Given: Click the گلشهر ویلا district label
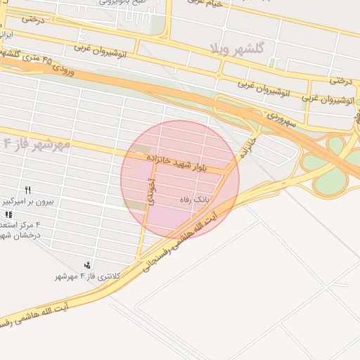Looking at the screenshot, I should click(241, 49).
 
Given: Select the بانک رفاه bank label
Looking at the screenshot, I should click(195, 200).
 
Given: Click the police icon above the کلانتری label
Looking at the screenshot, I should click(87, 265).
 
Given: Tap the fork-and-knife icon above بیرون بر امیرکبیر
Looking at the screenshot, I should click(28, 190).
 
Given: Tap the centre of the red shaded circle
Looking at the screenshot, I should click(180, 179).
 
